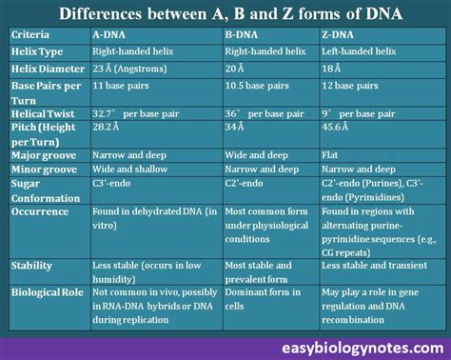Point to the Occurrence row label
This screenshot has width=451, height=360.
[x=40, y=210]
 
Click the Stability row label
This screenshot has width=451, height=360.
[x=34, y=267]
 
